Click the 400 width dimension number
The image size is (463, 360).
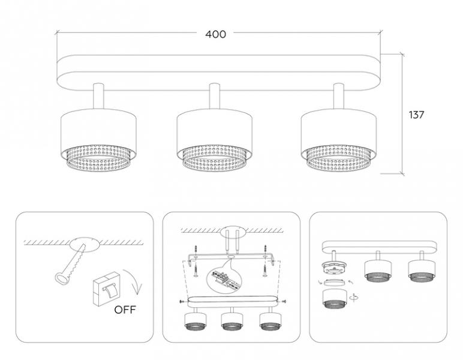tap(215, 34)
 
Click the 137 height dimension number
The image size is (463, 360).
tap(416, 115)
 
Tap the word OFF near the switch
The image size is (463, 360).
tap(125, 310)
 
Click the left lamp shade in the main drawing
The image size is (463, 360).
tap(98, 141)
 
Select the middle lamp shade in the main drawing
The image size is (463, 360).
tap(214, 141)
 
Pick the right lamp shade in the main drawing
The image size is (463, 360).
tap(339, 141)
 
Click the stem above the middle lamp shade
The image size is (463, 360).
tap(214, 97)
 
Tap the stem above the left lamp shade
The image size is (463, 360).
tap(98, 97)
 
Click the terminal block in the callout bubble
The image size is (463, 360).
tap(223, 277)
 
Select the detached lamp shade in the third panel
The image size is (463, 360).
tap(335, 299)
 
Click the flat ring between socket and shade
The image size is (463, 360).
tap(335, 283)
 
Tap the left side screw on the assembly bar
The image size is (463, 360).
tap(183, 302)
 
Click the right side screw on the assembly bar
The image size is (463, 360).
tap(282, 302)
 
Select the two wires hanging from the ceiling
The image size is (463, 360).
tap(232, 241)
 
